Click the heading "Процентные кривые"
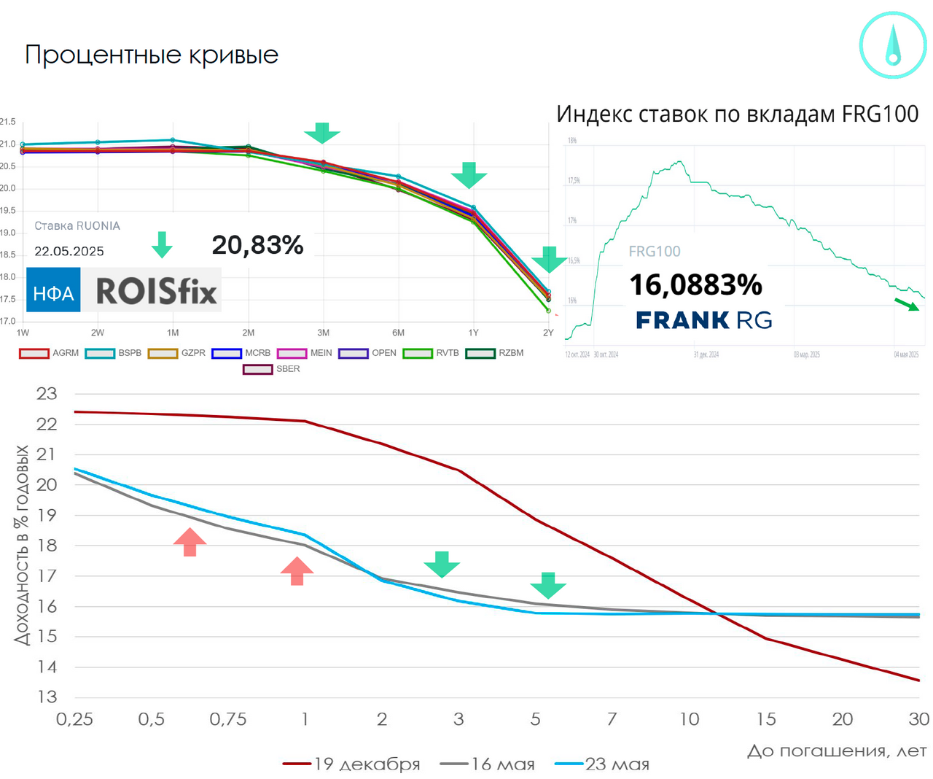[x=152, y=55]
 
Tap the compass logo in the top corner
[x=892, y=45]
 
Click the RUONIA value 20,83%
[x=257, y=245]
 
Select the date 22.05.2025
[x=69, y=252]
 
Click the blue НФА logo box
[x=53, y=290]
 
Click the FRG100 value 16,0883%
[x=695, y=284]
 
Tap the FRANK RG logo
[x=703, y=320]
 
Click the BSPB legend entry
[x=114, y=353]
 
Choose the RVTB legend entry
[x=432, y=353]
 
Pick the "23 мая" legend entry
[x=602, y=764]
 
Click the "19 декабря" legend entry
[x=351, y=764]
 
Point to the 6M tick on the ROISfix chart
[x=398, y=333]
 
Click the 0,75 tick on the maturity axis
[x=228, y=719]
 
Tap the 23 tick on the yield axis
[x=47, y=394]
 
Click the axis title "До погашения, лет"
[x=836, y=751]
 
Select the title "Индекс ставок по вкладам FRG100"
[x=737, y=115]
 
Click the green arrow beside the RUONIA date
[x=162, y=244]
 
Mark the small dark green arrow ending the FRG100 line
[x=907, y=304]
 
